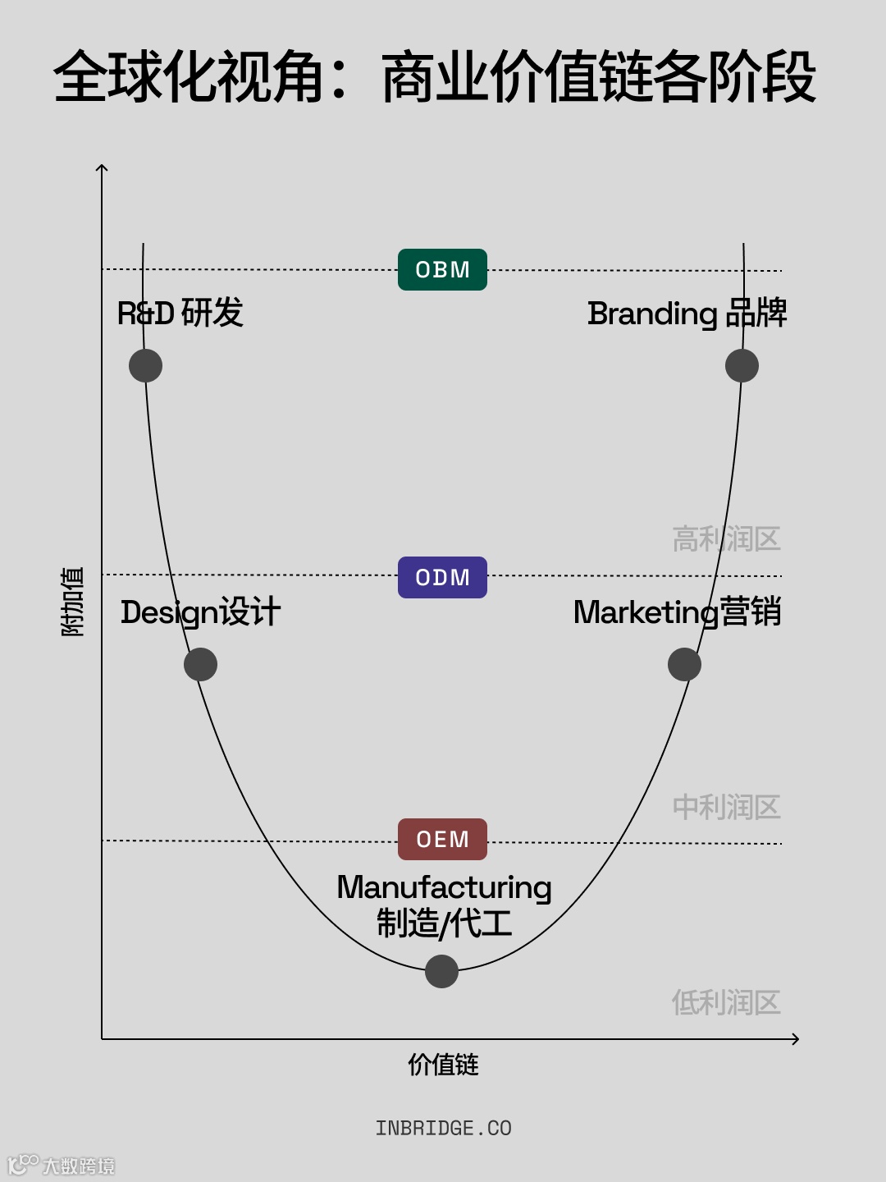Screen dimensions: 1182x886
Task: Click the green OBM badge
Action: (x=442, y=270)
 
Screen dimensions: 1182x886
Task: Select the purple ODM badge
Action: (x=442, y=578)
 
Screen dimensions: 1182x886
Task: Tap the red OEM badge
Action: (x=442, y=840)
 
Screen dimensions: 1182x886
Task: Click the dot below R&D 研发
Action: (x=145, y=365)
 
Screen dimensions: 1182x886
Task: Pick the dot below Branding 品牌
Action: (x=742, y=365)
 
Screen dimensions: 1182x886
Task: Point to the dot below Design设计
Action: (x=200, y=664)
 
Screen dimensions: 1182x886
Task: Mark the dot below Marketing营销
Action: (x=684, y=664)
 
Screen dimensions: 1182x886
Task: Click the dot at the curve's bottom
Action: (x=441, y=971)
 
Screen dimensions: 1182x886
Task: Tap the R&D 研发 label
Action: (x=180, y=314)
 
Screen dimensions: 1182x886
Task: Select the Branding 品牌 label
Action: (x=687, y=314)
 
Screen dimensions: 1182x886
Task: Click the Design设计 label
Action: (x=200, y=612)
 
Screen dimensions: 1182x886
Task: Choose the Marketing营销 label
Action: (x=677, y=612)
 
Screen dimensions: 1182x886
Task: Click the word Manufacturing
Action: (x=444, y=887)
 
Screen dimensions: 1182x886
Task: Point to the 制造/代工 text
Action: (x=444, y=923)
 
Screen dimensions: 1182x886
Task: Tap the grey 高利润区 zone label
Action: (x=726, y=539)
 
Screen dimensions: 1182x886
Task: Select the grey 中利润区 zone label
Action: (x=726, y=808)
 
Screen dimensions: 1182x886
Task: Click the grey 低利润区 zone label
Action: (x=726, y=1002)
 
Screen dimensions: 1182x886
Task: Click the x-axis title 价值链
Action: (x=443, y=1065)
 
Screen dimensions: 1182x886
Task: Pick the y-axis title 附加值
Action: (x=72, y=601)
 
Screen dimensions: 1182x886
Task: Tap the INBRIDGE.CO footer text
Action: (x=443, y=1129)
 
